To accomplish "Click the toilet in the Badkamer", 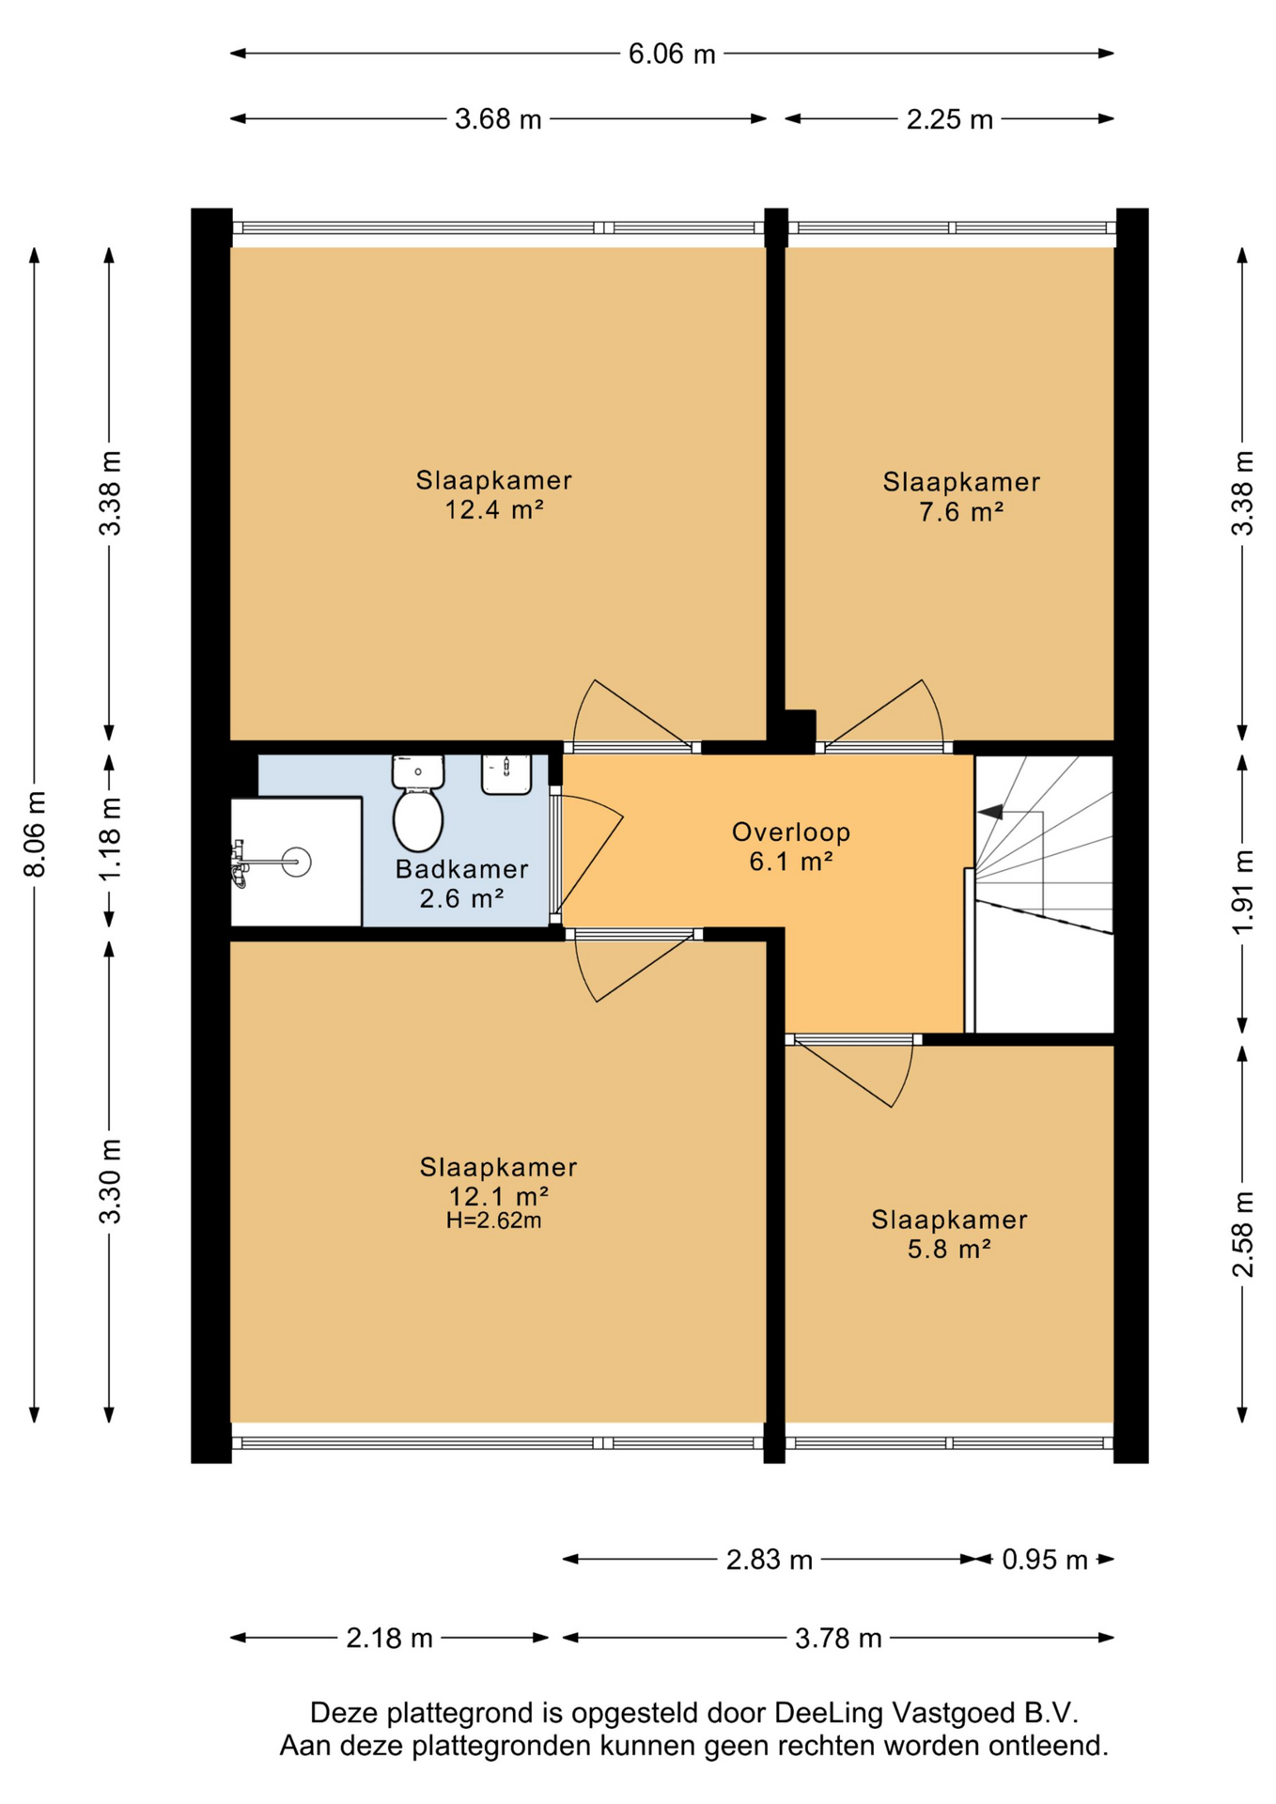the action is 418,803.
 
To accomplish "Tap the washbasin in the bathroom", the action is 506,774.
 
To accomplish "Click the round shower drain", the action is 297,862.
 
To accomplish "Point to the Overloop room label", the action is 791,832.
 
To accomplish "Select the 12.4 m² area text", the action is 494,510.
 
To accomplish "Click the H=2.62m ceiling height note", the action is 494,1221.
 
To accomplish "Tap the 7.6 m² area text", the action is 961,512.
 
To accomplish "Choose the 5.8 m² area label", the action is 949,1250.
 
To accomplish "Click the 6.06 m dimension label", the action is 672,54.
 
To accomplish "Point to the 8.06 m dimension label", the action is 35,834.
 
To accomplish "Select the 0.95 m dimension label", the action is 1045,1561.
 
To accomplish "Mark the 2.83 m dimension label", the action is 770,1561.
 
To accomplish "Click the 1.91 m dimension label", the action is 1243,893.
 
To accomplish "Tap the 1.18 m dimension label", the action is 110,839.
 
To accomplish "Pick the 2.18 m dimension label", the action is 390,1639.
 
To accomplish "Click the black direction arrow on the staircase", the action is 990,811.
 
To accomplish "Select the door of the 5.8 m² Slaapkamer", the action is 853,1072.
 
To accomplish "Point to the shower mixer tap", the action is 240,863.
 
